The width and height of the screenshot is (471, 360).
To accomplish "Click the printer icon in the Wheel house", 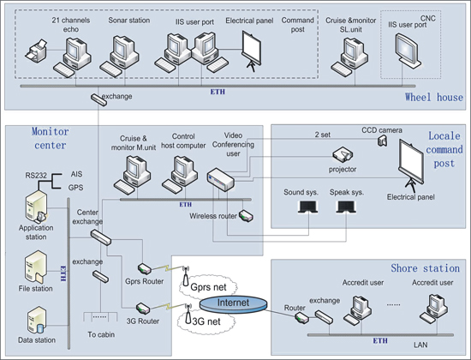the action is [x=36, y=51].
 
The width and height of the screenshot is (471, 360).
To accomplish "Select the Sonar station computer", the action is [x=120, y=56].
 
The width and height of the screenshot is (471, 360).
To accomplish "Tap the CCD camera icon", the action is [x=382, y=141].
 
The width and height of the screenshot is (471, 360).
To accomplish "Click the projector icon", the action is [x=343, y=154].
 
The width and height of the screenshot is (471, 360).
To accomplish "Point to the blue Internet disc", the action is [x=233, y=303].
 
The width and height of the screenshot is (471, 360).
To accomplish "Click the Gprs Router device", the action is [x=145, y=268].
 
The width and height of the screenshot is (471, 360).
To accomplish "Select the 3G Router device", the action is [x=143, y=309].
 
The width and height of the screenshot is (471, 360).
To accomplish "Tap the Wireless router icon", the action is [x=246, y=215].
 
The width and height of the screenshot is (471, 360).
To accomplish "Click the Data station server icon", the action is [x=36, y=321].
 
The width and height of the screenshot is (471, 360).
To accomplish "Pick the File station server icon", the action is [x=36, y=267].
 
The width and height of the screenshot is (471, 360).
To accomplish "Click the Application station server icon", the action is [x=36, y=207].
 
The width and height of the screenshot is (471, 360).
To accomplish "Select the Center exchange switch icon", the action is [x=101, y=237].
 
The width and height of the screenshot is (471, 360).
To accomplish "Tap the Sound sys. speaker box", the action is [x=308, y=207].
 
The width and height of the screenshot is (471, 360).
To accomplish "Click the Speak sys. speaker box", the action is [x=346, y=207].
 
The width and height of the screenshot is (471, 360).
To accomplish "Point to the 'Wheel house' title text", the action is [x=434, y=97].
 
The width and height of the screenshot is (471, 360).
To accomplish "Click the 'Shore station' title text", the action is [x=425, y=268].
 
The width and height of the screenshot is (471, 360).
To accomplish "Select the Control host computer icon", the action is [x=180, y=175].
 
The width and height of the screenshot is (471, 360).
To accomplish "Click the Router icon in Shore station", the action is [x=301, y=318].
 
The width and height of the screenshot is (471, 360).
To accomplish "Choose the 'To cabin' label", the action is [x=101, y=334].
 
